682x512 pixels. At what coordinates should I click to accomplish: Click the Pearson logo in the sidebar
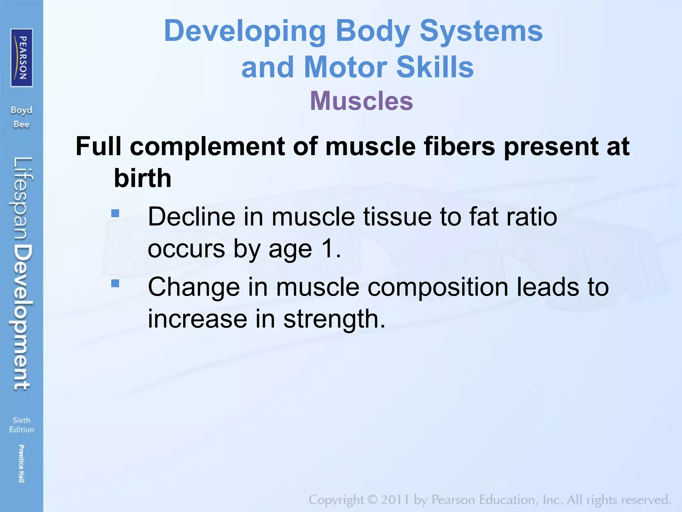pyautogui.click(x=22, y=58)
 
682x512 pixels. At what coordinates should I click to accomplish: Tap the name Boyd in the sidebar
pyautogui.click(x=22, y=110)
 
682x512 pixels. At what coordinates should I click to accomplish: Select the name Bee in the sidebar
pyautogui.click(x=22, y=124)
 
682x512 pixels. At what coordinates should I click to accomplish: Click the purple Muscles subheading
pyautogui.click(x=361, y=101)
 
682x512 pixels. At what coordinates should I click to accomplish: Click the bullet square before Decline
pyautogui.click(x=115, y=213)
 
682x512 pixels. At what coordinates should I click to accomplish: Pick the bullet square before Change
pyautogui.click(x=115, y=283)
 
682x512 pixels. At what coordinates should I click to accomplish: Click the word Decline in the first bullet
pyautogui.click(x=191, y=217)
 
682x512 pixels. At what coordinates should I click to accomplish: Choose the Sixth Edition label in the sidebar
pyautogui.click(x=22, y=425)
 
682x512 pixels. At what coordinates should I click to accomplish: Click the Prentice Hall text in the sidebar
pyautogui.click(x=22, y=463)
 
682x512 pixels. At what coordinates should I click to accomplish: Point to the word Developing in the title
pyautogui.click(x=245, y=31)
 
